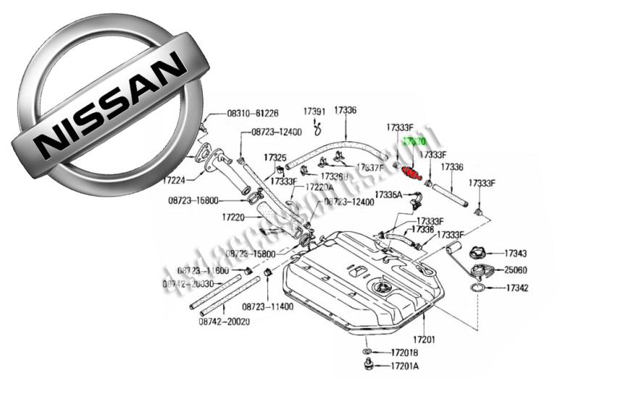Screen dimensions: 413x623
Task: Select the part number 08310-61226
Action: pyautogui.click(x=253, y=114)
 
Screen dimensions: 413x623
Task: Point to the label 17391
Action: pyautogui.click(x=314, y=111)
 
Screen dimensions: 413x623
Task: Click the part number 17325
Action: pyautogui.click(x=275, y=157)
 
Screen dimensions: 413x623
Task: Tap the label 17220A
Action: pyautogui.click(x=320, y=187)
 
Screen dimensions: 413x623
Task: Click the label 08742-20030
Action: pyautogui.click(x=188, y=284)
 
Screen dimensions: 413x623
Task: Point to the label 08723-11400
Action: pyautogui.click(x=267, y=306)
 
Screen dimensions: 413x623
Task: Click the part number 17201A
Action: pyautogui.click(x=404, y=367)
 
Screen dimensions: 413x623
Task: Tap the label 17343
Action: pyautogui.click(x=516, y=254)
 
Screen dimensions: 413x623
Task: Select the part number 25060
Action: pyautogui.click(x=516, y=270)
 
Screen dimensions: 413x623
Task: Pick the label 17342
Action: pyautogui.click(x=516, y=288)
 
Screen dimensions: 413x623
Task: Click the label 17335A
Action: pyautogui.click(x=388, y=195)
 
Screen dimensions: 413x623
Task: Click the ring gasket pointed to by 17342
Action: pyautogui.click(x=478, y=288)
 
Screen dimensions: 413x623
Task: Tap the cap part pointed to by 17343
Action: pyautogui.click(x=479, y=254)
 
